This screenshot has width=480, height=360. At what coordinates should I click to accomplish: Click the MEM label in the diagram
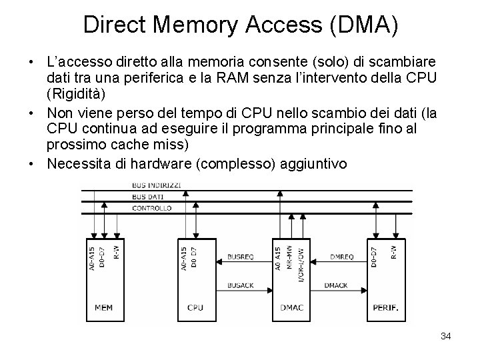(x=103, y=308)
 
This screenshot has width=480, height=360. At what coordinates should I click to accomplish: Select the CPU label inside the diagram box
(x=195, y=308)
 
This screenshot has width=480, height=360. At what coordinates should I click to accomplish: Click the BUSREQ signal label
(x=240, y=255)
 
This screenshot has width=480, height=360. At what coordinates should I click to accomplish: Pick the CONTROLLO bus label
(x=152, y=209)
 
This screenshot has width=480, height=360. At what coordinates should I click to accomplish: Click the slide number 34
(x=446, y=336)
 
